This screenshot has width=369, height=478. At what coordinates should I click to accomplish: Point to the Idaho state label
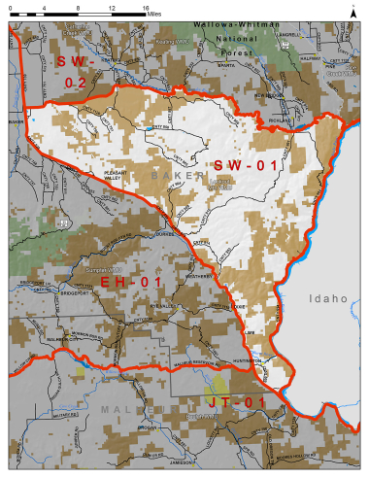(327, 300)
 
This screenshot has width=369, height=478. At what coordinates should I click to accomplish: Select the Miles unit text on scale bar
(155, 16)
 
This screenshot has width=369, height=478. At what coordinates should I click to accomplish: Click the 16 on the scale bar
(144, 8)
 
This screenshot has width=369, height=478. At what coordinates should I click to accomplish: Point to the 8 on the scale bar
(79, 8)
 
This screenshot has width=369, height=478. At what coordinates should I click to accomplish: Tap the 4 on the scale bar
(46, 8)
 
